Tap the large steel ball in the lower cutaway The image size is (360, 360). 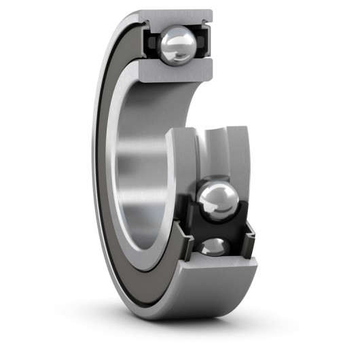[218, 200]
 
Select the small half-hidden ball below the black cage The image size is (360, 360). [216, 245]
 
